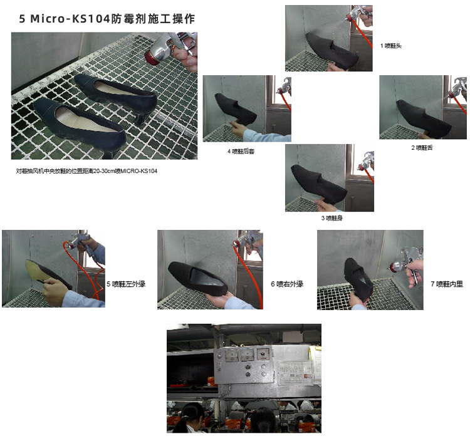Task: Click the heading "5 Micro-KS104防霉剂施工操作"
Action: click(107, 19)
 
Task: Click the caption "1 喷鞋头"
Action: click(391, 46)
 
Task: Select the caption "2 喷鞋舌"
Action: click(422, 147)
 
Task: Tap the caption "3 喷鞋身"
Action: click(332, 218)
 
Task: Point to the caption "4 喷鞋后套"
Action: click(241, 151)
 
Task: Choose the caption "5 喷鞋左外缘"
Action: click(126, 284)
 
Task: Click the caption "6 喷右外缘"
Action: click(287, 284)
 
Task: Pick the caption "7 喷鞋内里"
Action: click(447, 284)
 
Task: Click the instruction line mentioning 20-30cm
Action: click(86, 171)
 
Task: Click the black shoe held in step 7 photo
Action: click(358, 279)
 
